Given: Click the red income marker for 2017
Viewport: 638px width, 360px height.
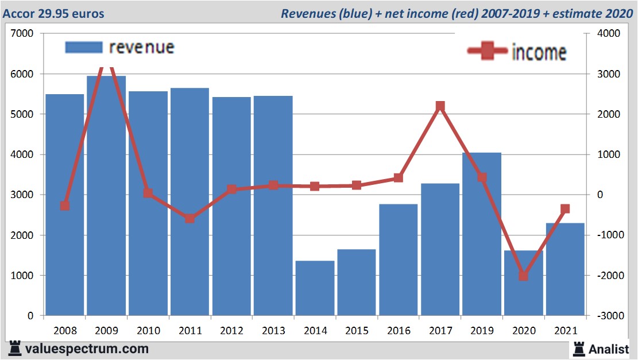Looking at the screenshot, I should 440,106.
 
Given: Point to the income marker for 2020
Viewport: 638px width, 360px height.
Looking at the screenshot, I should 523,276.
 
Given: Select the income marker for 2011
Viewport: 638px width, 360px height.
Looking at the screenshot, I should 190,218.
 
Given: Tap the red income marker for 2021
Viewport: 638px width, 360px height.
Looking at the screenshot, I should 565,209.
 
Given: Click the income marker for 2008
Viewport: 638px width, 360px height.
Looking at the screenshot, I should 65,206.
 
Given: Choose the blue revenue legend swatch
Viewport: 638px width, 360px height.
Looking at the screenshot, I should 83,47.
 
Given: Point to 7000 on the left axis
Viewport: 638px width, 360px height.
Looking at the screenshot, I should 22,34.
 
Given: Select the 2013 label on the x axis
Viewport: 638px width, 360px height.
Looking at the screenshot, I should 273,331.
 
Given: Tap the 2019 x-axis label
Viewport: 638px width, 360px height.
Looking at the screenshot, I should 482,331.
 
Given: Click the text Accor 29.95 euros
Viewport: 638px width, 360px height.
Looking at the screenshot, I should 54,13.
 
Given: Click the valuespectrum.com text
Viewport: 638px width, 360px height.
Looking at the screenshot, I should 87,349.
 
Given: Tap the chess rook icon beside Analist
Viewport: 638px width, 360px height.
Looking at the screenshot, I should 578,348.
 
